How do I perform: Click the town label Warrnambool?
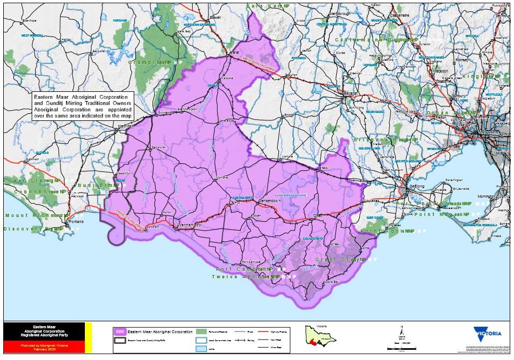click(190, 225)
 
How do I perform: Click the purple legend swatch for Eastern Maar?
click(120, 332)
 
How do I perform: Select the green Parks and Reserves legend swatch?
click(201, 332)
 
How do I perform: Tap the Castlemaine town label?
click(400, 15)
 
